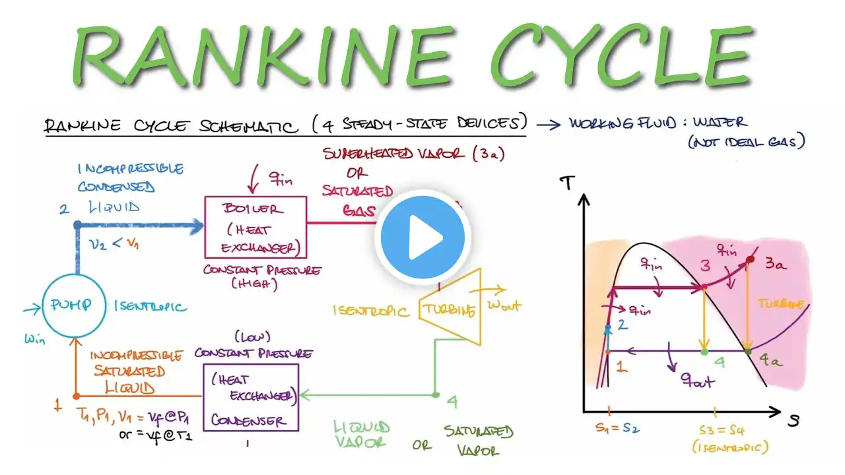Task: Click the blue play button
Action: tap(422, 238)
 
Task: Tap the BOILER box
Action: tap(255, 226)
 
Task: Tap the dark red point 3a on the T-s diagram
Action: tap(749, 260)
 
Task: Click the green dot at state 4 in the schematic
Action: tap(435, 395)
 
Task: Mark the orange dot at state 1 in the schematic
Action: tap(77, 396)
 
